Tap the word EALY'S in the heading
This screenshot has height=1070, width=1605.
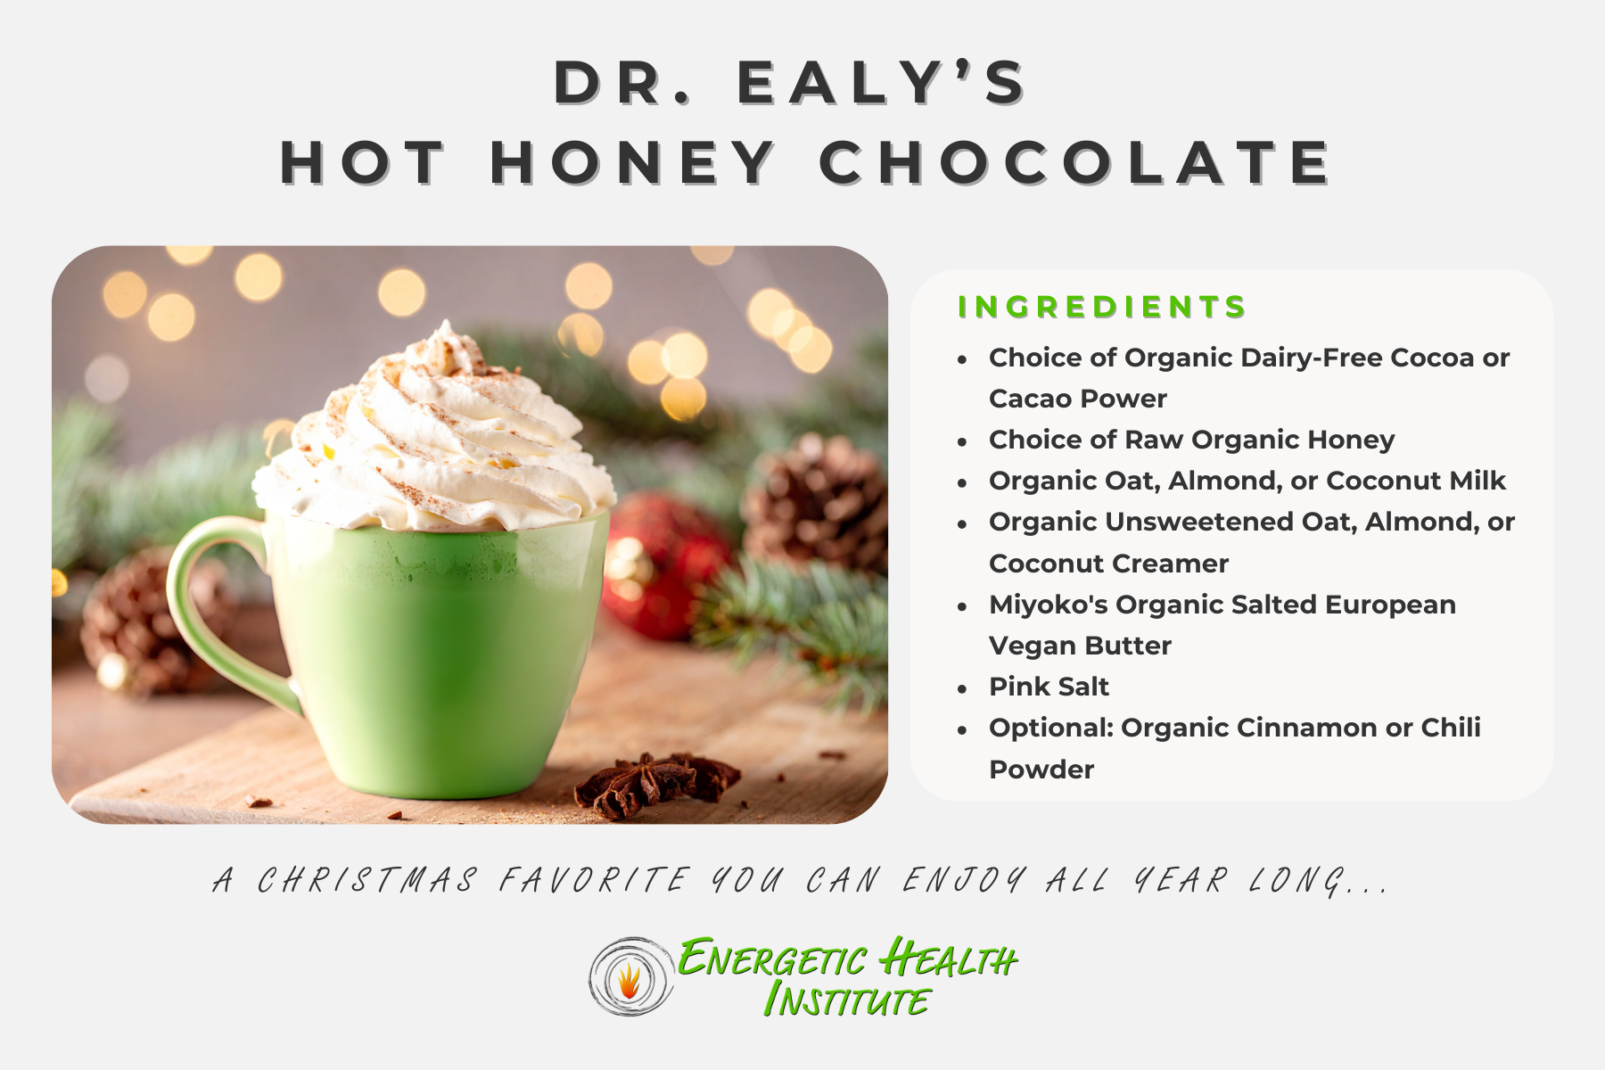click(881, 83)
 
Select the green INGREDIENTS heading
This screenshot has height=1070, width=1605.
click(1101, 307)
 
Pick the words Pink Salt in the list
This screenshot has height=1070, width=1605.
click(1049, 687)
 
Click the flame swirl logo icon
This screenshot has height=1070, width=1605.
click(630, 977)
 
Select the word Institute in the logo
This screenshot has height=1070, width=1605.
click(847, 1000)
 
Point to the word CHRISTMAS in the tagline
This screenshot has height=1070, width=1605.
click(367, 881)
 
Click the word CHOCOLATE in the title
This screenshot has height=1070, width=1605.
click(1074, 163)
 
